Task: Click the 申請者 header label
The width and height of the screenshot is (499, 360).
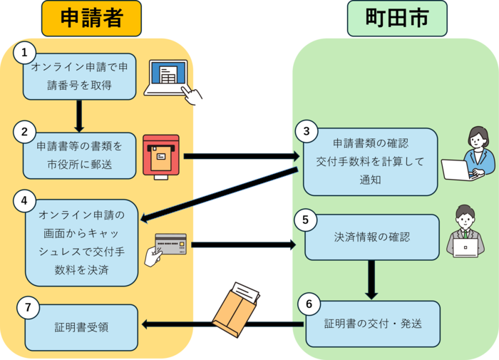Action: tap(91, 18)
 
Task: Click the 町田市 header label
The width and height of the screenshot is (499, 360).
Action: tap(396, 18)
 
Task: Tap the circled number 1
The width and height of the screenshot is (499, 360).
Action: tap(25, 52)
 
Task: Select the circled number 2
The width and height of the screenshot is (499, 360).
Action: tap(25, 132)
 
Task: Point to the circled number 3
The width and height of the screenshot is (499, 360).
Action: tap(306, 131)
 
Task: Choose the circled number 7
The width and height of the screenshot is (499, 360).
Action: tap(27, 308)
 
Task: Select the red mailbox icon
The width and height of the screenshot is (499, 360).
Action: tap(161, 154)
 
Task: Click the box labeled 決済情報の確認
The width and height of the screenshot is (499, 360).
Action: tap(371, 237)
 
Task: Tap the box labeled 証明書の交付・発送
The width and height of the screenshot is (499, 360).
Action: tap(373, 323)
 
